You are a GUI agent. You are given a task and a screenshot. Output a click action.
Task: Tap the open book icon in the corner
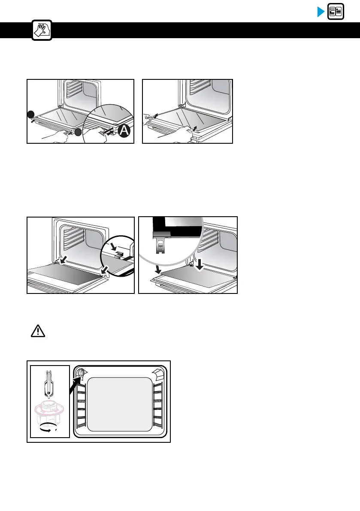(x=336, y=12)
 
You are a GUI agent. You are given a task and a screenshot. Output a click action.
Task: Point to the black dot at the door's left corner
(x=30, y=114)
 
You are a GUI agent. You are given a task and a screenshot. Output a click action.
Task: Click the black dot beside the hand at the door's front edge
(x=77, y=133)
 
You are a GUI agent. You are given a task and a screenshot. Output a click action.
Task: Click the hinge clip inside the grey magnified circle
(x=160, y=245)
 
